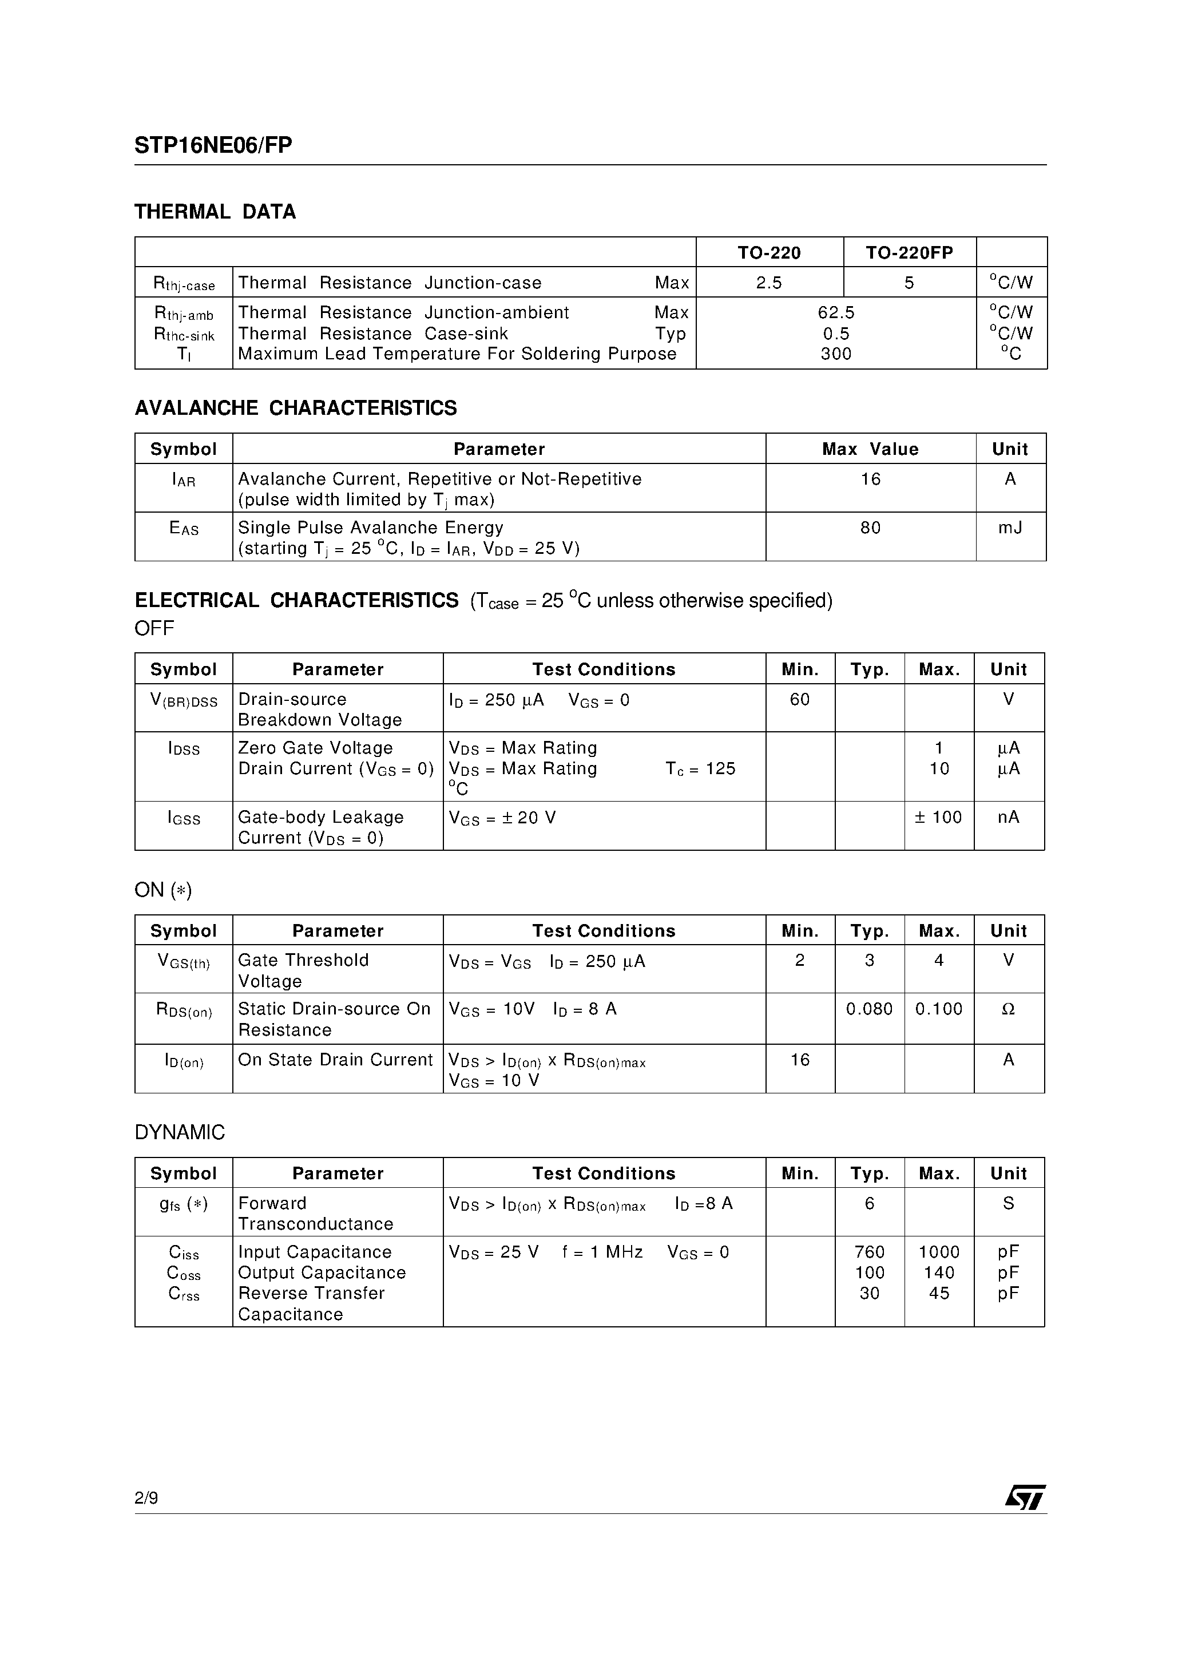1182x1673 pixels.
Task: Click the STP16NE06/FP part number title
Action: pos(213,146)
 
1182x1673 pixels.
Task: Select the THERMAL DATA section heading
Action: pos(215,212)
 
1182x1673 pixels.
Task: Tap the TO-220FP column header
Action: pos(909,253)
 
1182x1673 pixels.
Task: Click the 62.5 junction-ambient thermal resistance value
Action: pos(836,312)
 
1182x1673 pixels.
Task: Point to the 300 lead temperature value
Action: pos(836,354)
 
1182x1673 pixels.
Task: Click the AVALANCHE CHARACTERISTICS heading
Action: pos(296,408)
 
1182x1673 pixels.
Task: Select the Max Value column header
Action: pos(870,449)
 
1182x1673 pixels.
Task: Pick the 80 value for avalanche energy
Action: pos(870,528)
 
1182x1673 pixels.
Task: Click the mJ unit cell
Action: pos(1010,528)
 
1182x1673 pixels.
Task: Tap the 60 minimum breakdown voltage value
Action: pos(799,700)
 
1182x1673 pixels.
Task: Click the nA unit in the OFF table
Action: pos(1009,818)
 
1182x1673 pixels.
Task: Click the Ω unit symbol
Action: pos(1009,1009)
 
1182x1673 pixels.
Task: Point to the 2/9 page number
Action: pos(146,1498)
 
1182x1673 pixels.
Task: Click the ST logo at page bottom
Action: pos(1025,1497)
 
